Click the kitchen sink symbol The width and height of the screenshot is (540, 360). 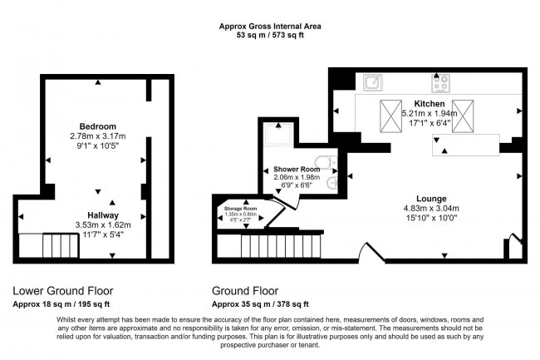coord(373,82)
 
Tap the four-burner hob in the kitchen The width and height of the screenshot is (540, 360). coord(441,82)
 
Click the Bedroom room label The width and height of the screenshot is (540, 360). coord(99,126)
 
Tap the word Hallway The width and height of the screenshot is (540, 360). coord(103,215)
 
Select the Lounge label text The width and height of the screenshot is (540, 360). coord(420,199)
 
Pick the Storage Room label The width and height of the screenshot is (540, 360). coord(238,208)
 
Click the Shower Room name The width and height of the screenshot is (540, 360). coord(297,169)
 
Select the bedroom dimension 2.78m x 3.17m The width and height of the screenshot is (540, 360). coord(99,136)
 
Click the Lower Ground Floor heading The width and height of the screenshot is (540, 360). coord(62,291)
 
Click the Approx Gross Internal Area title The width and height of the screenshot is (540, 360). coord(269,27)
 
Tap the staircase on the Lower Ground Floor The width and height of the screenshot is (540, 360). coord(53,246)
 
